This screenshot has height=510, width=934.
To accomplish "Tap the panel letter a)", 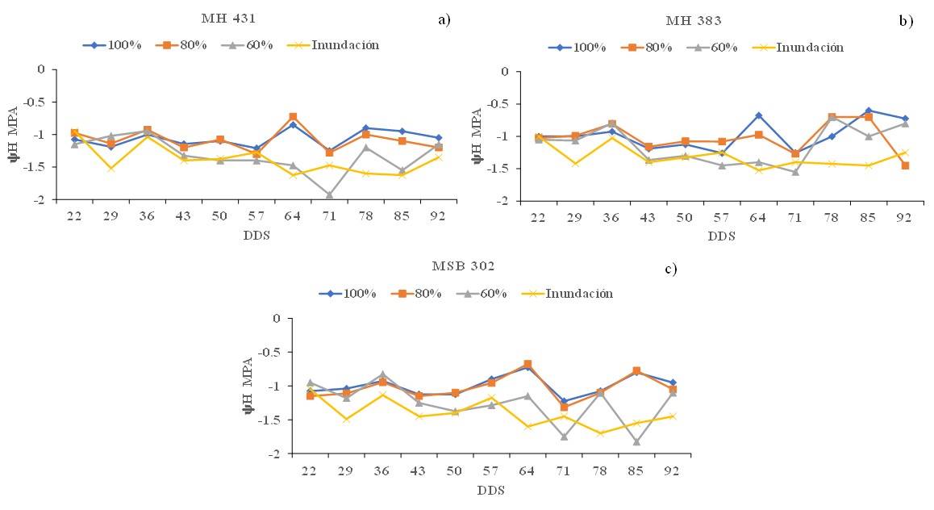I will point(444,19).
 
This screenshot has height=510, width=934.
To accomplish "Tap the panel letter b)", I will point(906,21).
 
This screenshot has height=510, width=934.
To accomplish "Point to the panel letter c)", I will point(671,269).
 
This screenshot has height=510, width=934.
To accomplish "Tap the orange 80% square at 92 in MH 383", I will point(905,165).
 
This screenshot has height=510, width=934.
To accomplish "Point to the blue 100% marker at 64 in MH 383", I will point(759,115).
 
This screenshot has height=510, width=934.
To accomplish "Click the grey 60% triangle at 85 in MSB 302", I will point(636,441).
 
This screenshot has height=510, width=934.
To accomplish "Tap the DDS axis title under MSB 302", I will point(490,491).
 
